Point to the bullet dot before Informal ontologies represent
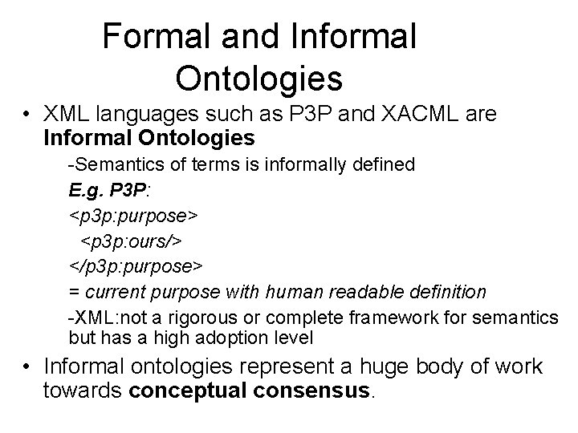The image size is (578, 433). coord(28,367)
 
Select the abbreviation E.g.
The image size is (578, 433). coord(86,191)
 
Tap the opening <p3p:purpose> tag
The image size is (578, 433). coord(134,216)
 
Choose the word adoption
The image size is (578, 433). coord(205,337)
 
